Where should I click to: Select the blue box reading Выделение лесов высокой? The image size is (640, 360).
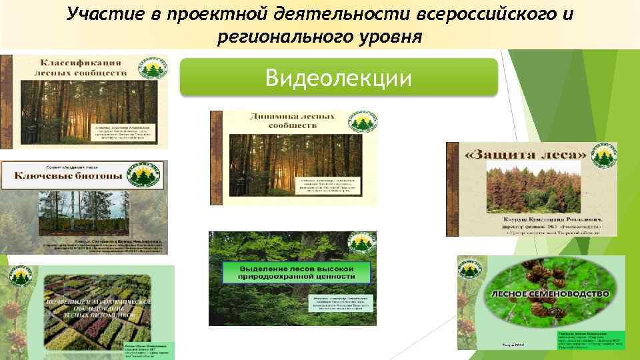295,271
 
